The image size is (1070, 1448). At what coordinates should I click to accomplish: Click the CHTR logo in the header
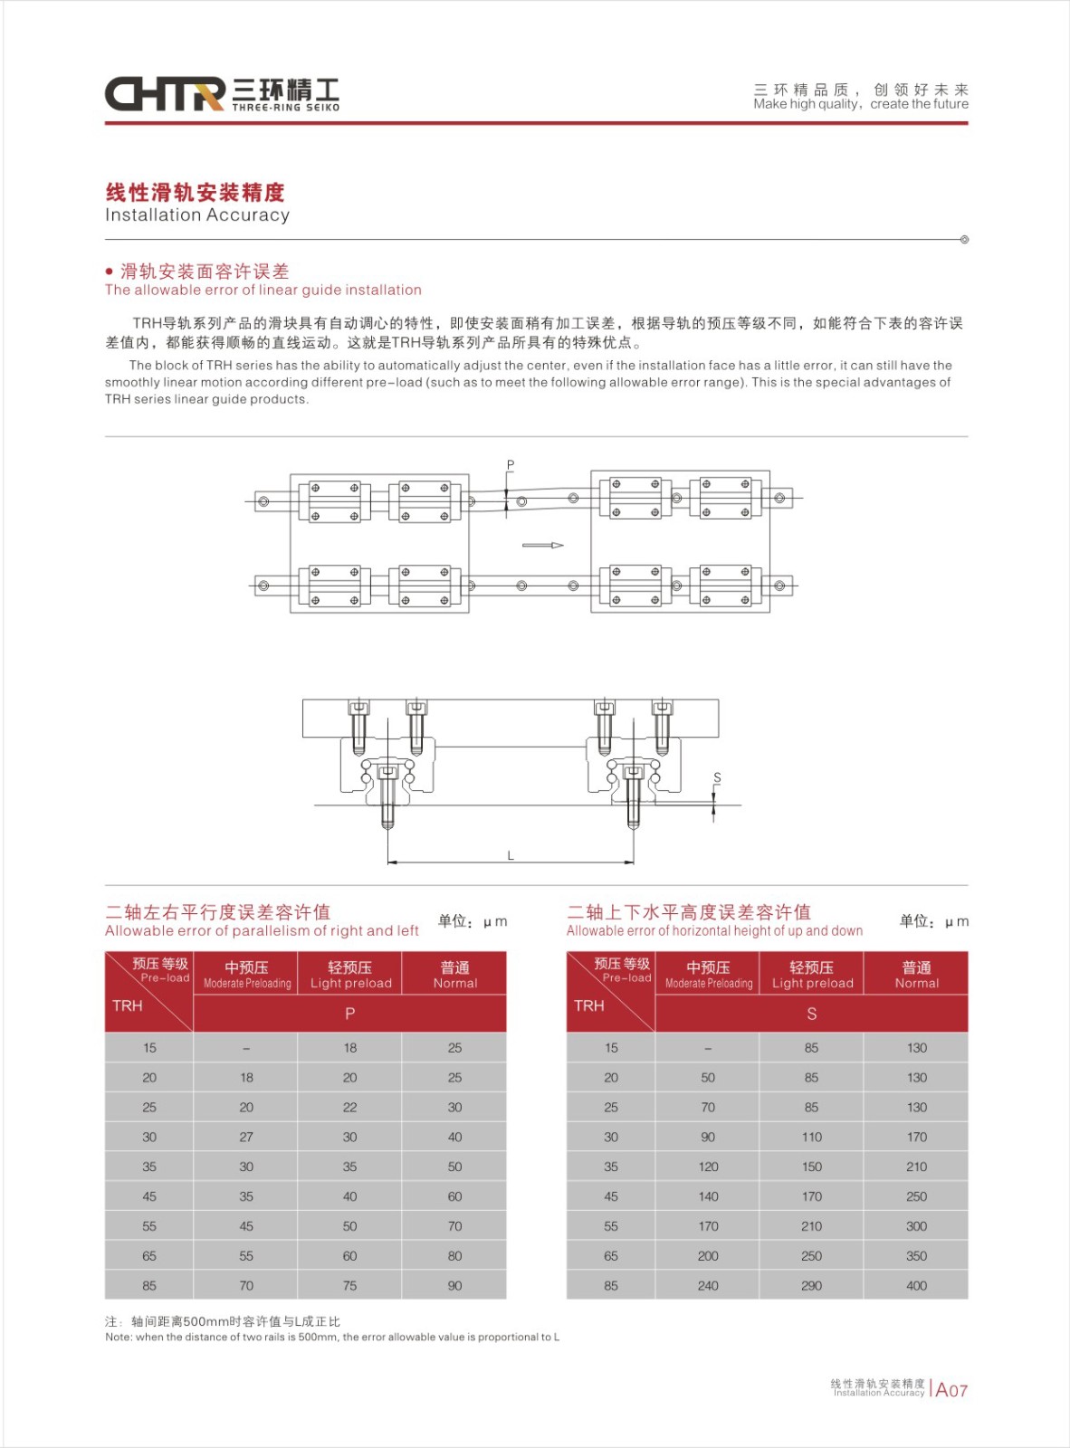pos(165,94)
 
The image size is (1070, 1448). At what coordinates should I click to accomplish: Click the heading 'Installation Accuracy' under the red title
pos(197,215)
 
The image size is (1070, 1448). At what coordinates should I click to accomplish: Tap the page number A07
pos(951,1390)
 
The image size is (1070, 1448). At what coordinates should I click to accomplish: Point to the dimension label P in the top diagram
pos(511,465)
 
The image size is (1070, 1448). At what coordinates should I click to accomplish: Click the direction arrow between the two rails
pos(543,546)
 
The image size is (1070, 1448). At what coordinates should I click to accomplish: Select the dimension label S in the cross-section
pos(717,777)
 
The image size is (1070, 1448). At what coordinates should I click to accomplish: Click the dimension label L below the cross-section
pos(511,855)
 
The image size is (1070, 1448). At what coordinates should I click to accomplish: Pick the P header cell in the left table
pos(350,1014)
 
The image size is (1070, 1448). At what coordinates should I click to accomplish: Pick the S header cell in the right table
pos(812,1014)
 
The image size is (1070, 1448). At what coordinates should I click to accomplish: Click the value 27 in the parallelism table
pos(246,1137)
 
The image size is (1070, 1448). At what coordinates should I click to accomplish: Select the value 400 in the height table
pos(916,1285)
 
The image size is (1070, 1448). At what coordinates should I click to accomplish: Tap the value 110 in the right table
pos(812,1137)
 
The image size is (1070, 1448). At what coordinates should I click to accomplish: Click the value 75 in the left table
pos(350,1285)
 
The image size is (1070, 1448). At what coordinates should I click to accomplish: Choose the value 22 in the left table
pos(350,1107)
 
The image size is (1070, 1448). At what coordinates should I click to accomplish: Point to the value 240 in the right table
pos(708,1285)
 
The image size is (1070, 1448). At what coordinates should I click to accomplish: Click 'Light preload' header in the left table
pos(350,975)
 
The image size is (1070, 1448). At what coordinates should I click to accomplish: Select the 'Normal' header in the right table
pos(916,975)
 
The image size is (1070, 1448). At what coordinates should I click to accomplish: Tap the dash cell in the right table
pos(708,1048)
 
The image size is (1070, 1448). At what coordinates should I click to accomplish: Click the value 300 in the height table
pos(916,1226)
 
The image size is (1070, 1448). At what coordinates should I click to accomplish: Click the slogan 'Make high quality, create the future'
pos(860,104)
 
